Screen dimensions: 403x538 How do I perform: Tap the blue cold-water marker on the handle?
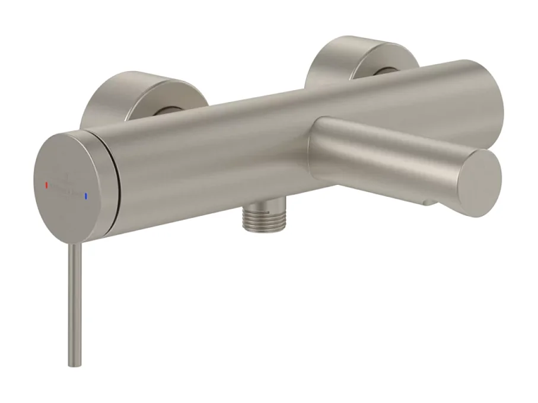point(85,194)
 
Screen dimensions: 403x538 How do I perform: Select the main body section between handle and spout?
point(214,160)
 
